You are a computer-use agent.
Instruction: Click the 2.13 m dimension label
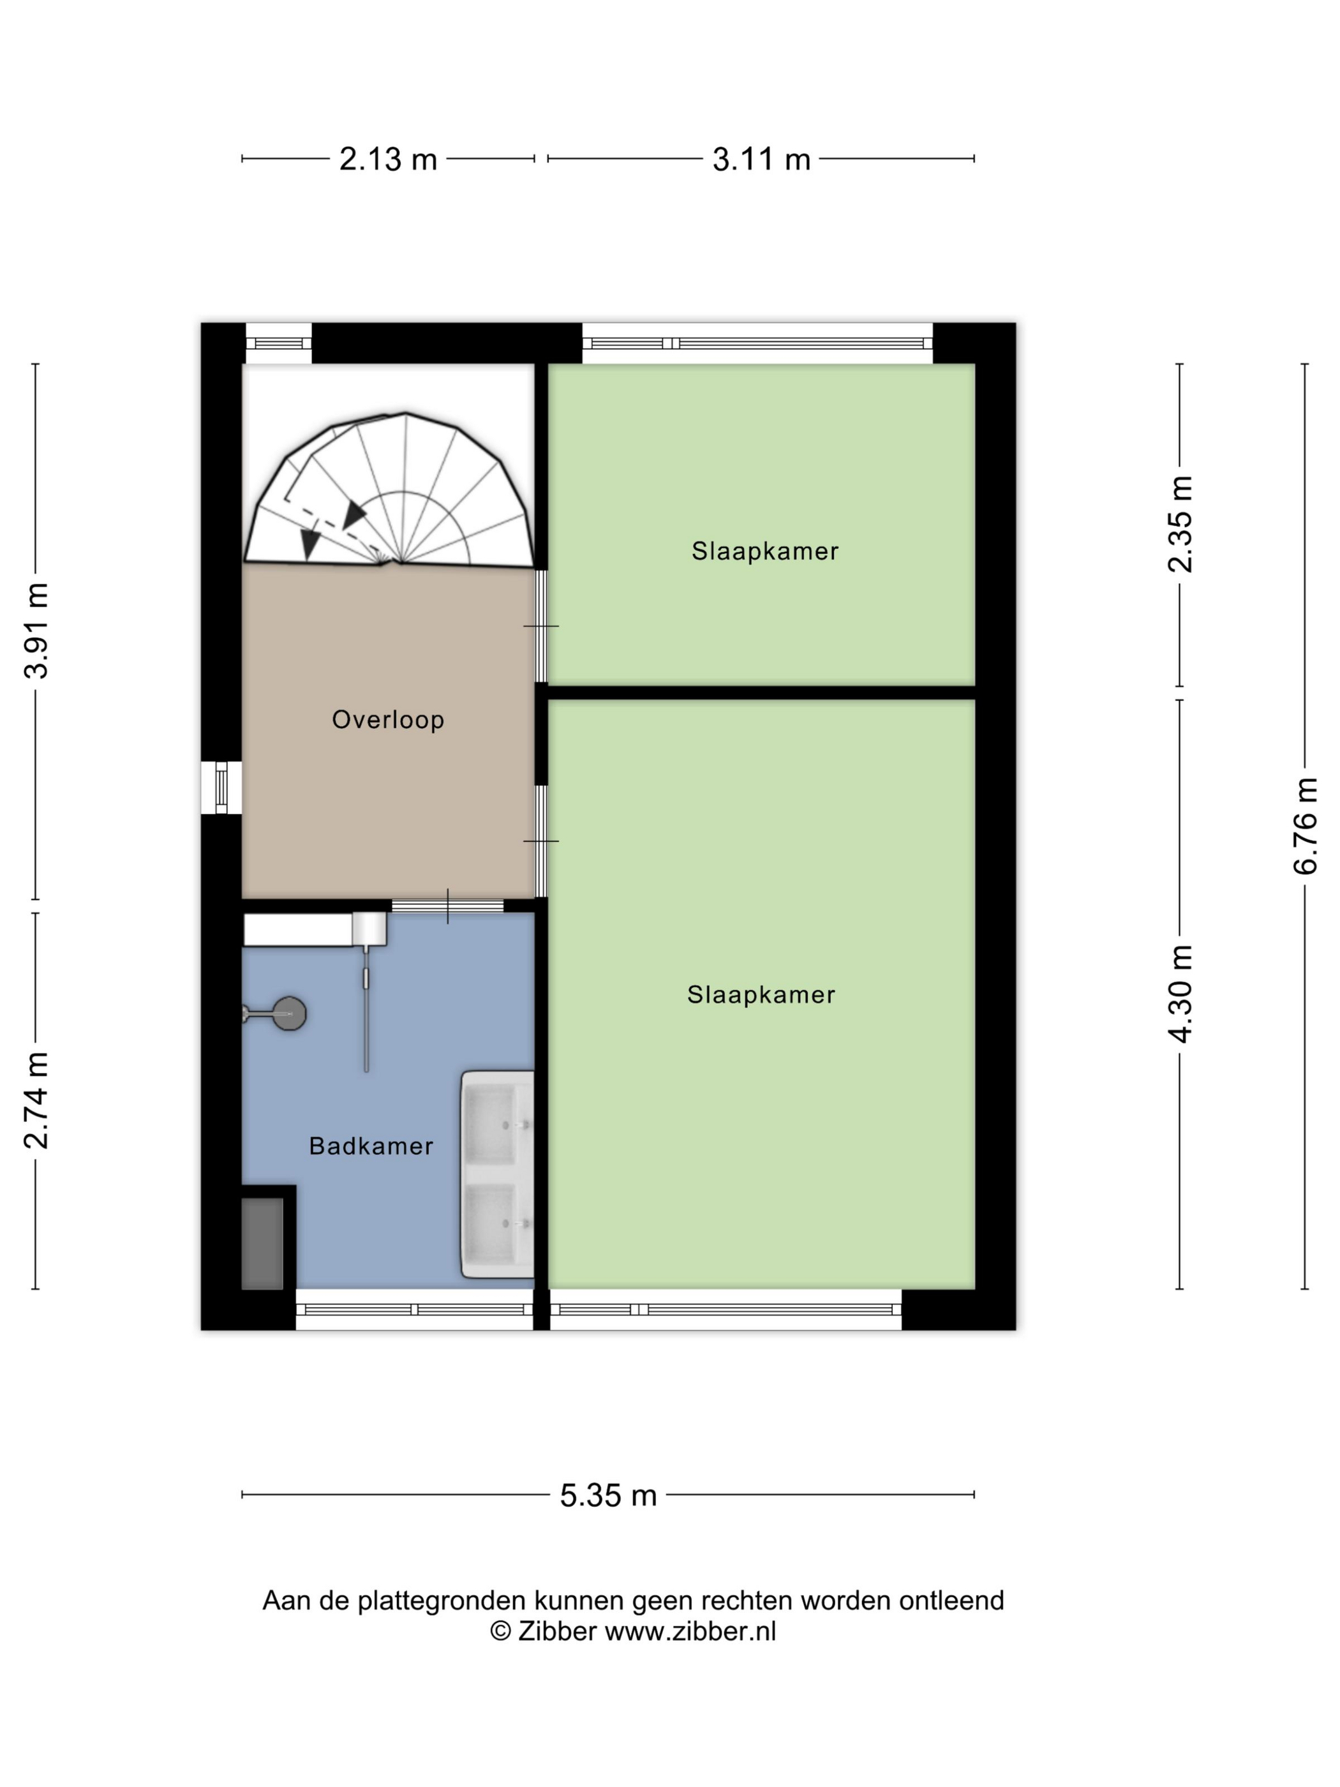click(388, 159)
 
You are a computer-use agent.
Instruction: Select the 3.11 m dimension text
click(761, 159)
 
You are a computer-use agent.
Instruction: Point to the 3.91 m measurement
click(36, 631)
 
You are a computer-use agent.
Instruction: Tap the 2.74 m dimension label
click(36, 1101)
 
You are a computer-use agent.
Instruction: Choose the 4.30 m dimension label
click(1180, 994)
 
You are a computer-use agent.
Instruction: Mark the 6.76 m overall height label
click(1306, 826)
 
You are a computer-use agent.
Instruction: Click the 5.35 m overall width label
click(608, 1495)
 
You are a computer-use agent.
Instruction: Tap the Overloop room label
click(388, 719)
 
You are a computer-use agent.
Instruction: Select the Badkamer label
click(371, 1146)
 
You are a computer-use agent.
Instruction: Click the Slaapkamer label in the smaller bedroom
click(765, 551)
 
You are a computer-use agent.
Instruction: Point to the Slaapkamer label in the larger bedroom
click(761, 994)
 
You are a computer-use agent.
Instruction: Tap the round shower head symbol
click(288, 1013)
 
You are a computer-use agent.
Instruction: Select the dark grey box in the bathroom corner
click(262, 1243)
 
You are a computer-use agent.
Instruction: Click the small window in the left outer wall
click(221, 788)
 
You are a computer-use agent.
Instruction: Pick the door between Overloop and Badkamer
click(447, 906)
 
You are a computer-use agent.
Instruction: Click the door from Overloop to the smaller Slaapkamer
click(541, 626)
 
